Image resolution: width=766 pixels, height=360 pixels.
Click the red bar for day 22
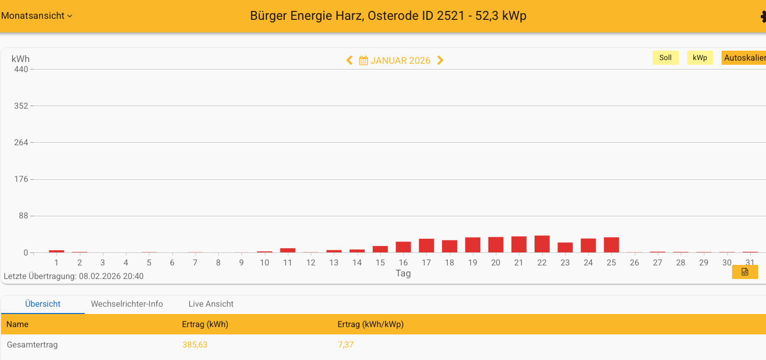pos(542,244)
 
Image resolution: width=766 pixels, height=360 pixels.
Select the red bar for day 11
pos(287,250)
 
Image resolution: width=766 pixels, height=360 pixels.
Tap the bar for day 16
pos(403,247)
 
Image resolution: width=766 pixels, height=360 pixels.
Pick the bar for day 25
pos(611,245)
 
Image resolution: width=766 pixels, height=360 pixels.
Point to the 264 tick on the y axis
pos(21,143)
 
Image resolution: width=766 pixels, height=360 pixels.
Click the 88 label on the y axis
pos(23,216)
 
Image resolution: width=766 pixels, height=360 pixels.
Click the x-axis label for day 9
pos(241,263)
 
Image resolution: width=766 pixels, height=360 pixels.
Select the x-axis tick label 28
pos(680,263)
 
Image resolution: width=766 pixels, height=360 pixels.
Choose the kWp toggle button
pos(700,58)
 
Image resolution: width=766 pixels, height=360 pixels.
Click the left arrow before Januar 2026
pos(350,61)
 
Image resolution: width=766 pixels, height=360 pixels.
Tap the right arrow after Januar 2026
pos(440,61)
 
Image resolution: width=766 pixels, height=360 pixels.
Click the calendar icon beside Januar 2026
pos(363,61)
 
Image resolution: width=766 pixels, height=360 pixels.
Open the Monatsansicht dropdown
pos(37,16)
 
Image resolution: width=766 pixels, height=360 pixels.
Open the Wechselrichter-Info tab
pos(127,304)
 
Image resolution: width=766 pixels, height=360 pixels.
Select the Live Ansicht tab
pos(211,304)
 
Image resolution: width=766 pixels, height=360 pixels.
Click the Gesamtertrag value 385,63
pos(195,345)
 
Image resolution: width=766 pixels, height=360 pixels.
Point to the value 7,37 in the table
pos(345,345)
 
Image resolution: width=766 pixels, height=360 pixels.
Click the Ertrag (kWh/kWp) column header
pos(370,324)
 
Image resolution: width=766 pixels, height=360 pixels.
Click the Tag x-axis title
pos(403,273)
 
